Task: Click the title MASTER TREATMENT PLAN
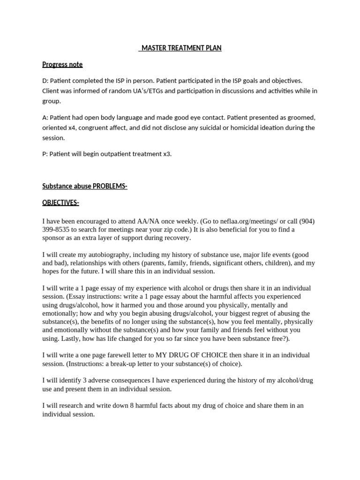(x=181, y=48)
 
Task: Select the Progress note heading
(x=62, y=64)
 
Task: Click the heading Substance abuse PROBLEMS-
(x=85, y=186)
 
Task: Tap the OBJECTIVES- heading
(x=60, y=202)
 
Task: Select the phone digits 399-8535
(x=56, y=229)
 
